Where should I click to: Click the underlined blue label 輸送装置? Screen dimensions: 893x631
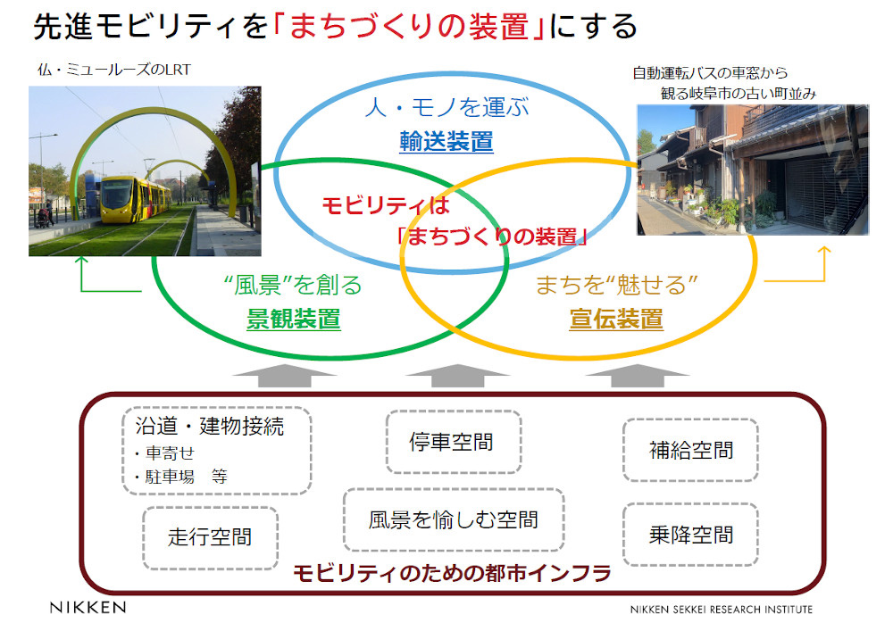[446, 141]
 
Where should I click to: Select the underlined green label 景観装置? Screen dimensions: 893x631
[293, 319]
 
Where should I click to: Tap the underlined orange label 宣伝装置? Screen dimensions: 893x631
[615, 319]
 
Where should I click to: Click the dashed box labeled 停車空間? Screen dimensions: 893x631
[454, 442]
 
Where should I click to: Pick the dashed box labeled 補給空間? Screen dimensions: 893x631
[690, 450]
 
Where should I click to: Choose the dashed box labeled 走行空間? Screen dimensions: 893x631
[210, 537]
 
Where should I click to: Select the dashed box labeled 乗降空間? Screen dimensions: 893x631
[690, 535]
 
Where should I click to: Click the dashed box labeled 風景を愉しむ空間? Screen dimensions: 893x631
[454, 519]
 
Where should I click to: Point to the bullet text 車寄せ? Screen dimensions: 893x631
[170, 452]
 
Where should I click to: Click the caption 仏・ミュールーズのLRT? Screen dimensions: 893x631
[114, 70]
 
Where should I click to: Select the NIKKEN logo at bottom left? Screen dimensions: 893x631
[88, 607]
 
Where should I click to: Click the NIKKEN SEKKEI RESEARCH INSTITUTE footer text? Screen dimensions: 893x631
[721, 610]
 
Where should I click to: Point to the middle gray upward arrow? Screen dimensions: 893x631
[456, 376]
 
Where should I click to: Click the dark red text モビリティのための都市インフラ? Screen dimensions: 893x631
[452, 573]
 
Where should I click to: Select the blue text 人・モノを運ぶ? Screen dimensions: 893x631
[447, 107]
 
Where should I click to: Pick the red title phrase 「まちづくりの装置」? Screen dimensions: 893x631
[409, 27]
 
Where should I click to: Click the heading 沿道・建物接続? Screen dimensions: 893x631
[210, 426]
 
